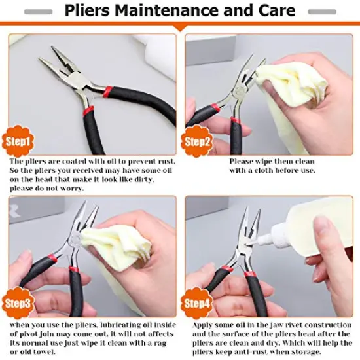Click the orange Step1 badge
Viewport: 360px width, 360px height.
pyautogui.click(x=19, y=140)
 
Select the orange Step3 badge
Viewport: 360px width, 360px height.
pyautogui.click(x=19, y=303)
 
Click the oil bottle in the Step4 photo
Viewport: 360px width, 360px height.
pyautogui.click(x=308, y=236)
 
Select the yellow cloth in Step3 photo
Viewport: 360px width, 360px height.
pyautogui.click(x=118, y=236)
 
